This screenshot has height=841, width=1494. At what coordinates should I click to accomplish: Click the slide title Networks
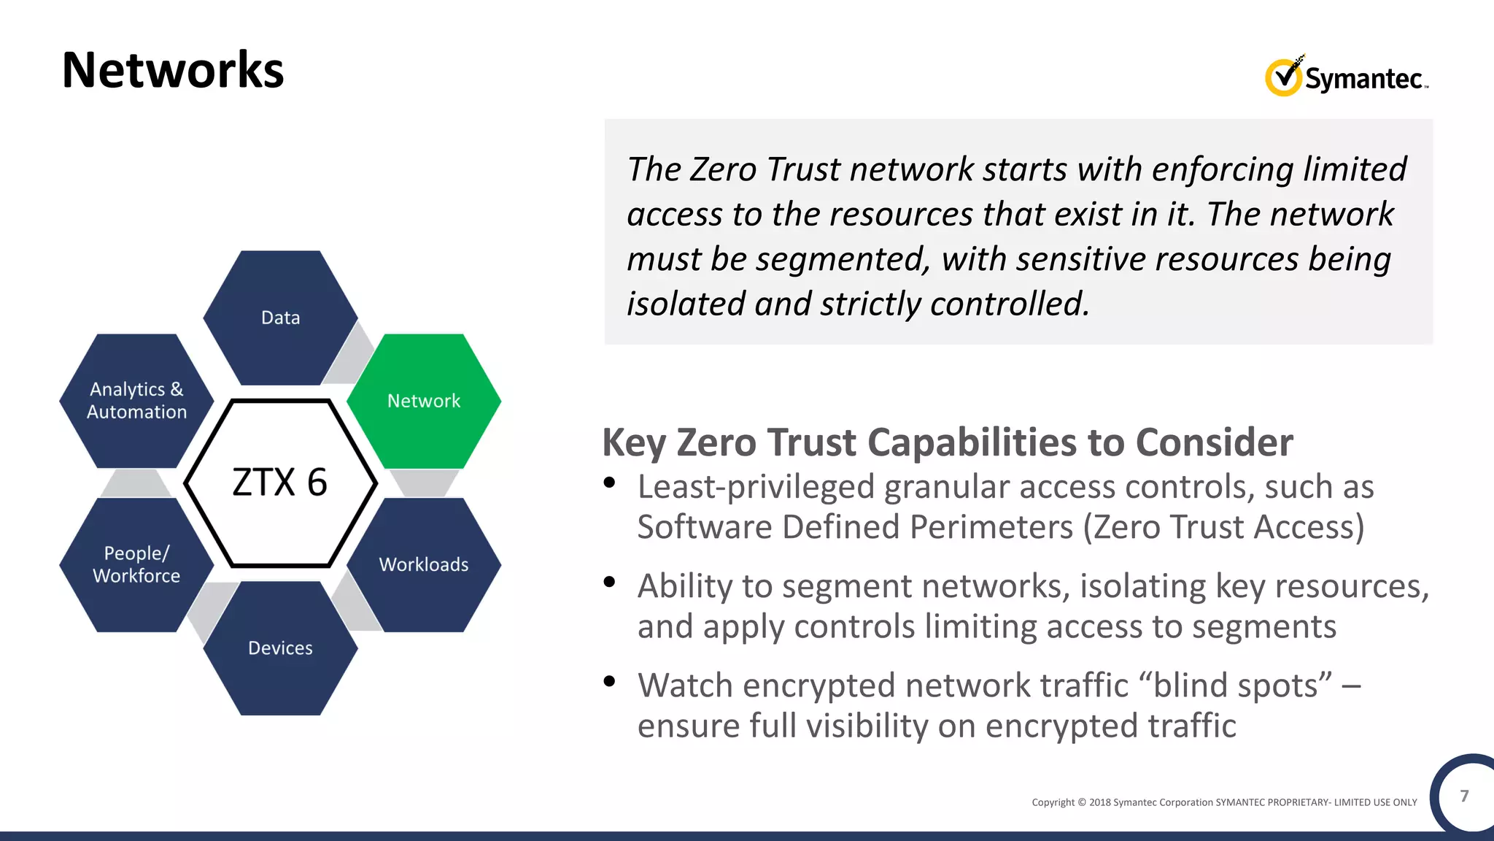pos(173,71)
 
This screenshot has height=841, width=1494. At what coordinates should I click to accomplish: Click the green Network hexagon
pos(424,401)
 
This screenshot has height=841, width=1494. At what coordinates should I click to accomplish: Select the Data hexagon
pos(281,318)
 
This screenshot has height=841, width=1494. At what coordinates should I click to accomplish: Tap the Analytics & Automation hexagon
pos(136,401)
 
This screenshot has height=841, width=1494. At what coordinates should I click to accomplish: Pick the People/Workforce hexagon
pos(136,564)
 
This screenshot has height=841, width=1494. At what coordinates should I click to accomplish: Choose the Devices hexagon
pos(281,648)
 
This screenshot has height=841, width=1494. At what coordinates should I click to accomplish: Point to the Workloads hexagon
pos(424,564)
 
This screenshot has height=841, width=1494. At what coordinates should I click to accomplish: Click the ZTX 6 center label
pos(280,483)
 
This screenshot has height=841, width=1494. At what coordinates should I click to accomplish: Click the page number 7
pos(1464,796)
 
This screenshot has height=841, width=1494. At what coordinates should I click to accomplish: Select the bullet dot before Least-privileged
pos(610,483)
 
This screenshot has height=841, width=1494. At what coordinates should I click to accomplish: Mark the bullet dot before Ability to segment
pos(610,582)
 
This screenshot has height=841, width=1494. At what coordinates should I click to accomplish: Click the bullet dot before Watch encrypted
pos(610,681)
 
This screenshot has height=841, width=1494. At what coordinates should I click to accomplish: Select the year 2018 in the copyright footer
pos(1099,802)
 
